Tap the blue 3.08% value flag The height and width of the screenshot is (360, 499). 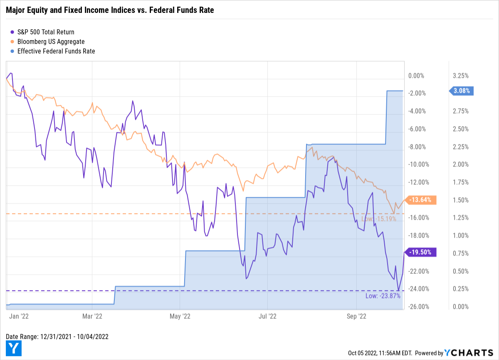point(463,91)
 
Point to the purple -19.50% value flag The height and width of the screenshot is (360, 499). point(422,252)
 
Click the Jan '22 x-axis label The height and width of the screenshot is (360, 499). point(19,316)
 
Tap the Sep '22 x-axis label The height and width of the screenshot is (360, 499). point(356,316)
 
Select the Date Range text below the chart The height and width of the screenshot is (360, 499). point(57,336)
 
